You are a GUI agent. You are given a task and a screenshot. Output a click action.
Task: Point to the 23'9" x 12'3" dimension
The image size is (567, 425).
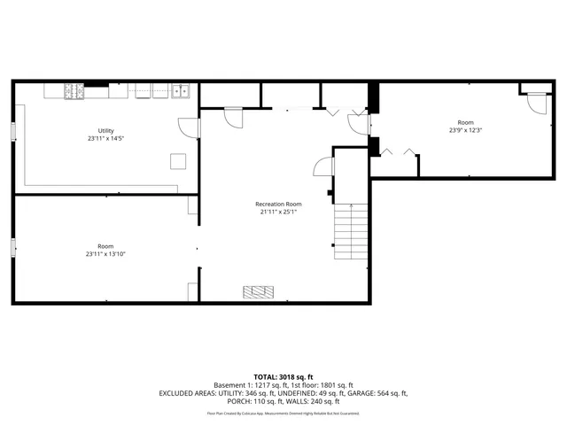(465, 131)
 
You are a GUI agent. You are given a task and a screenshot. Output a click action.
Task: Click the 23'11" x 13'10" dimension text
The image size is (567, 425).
(105, 254)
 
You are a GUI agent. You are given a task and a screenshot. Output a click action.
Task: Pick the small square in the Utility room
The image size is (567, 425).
(179, 160)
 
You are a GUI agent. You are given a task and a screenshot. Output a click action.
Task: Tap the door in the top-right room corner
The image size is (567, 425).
(535, 101)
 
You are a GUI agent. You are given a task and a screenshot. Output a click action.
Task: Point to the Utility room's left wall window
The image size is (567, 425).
(13, 130)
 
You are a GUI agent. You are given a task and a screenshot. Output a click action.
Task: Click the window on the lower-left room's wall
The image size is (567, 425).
(13, 248)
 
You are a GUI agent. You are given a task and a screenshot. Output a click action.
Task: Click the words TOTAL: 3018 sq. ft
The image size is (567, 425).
(283, 376)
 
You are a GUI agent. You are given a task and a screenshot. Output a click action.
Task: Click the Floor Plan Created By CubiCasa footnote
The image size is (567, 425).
(283, 413)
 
